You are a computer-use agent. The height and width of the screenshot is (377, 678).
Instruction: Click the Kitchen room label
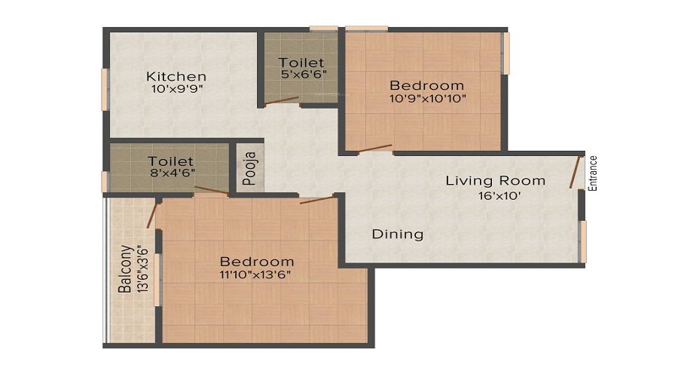176,77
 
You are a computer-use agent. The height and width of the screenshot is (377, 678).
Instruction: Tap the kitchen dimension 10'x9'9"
177,89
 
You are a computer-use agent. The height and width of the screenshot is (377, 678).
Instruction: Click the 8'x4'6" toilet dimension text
172,173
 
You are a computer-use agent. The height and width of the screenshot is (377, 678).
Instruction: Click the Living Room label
496,180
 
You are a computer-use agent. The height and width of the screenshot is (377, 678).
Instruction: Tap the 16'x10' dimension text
499,195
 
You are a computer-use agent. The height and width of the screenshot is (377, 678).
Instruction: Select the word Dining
398,234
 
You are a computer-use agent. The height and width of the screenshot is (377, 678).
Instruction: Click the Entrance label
593,173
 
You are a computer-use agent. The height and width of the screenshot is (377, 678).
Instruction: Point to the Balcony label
125,269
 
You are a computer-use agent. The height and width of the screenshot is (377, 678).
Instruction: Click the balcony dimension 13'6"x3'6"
142,269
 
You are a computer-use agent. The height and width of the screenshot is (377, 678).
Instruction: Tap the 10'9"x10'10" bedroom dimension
428,98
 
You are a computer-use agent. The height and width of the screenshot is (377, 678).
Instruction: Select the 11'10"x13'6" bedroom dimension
255,274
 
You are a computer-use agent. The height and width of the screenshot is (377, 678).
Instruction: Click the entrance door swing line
575,171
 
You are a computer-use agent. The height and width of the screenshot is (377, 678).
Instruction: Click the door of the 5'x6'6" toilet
282,100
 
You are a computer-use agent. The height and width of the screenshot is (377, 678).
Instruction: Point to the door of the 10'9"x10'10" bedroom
375,149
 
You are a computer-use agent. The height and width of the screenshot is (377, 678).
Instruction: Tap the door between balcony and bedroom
151,215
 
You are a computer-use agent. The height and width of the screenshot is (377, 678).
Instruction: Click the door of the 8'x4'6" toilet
211,191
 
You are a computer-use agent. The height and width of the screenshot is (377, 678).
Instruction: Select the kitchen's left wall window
105,89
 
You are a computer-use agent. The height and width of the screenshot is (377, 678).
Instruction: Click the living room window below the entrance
583,241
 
